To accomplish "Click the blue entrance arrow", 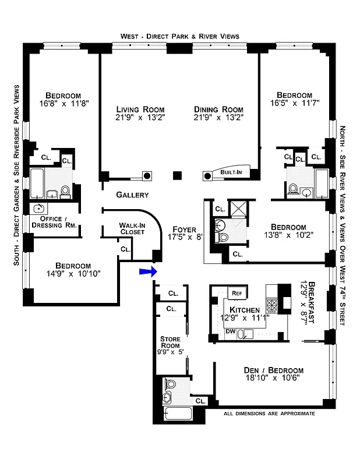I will [x=147, y=271].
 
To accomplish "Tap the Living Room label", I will [x=140, y=110].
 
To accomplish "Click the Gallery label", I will [x=132, y=195].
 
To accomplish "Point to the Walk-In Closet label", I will [x=136, y=228].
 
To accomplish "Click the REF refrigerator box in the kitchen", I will [x=237, y=293].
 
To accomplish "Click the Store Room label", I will [x=170, y=343].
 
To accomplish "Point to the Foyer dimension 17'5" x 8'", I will [x=183, y=238].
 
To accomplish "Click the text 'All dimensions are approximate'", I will [x=269, y=414].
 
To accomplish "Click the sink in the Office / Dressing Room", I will [x=40, y=209].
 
